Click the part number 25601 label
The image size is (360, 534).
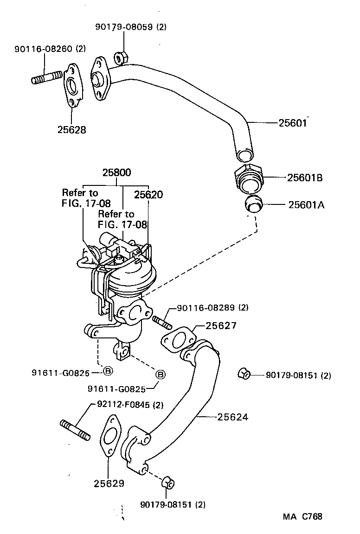293,123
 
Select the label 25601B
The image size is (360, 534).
305,177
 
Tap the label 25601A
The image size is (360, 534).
305,204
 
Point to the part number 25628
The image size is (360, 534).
72,130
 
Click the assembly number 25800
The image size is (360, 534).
116,172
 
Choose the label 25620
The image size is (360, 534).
148,195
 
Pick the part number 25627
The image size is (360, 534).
221,326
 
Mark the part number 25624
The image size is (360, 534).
232,417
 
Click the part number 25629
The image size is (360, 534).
109,484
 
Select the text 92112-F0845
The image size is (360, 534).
125,405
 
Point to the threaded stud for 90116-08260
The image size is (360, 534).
47,77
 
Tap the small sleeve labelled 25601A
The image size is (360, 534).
253,204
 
